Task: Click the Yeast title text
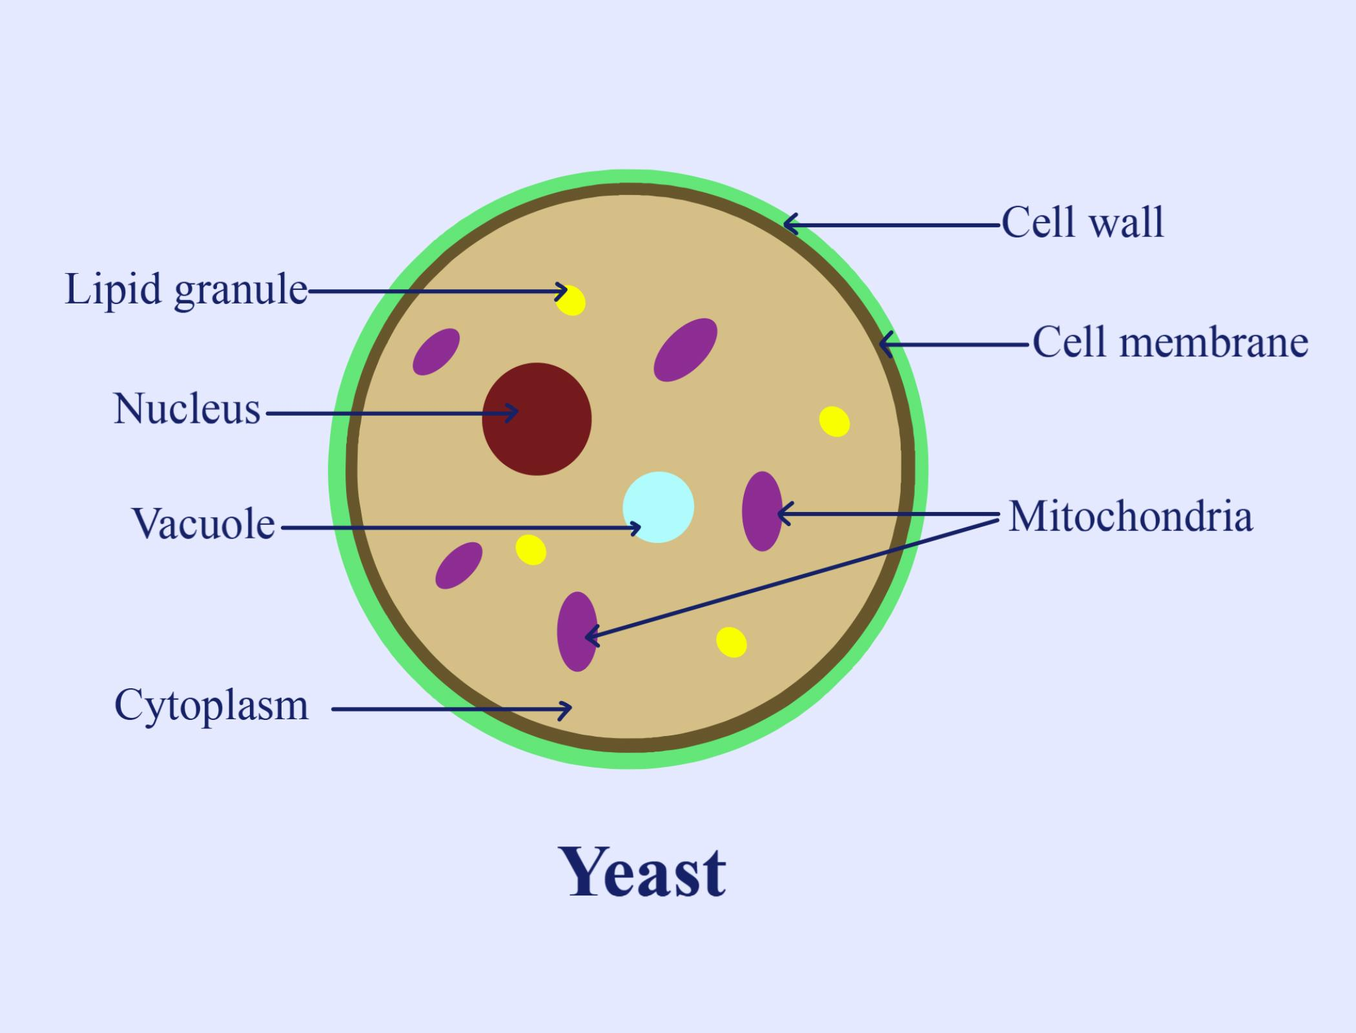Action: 646,874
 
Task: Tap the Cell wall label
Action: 1082,223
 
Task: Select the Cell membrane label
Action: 1170,342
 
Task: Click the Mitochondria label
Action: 1130,516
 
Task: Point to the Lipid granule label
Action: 186,290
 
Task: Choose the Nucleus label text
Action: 187,409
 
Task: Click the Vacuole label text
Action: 204,524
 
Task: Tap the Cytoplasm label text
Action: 211,705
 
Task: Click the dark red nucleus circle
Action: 537,419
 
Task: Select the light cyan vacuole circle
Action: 658,507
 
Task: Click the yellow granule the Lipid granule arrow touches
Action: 571,301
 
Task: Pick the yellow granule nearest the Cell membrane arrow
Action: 834,422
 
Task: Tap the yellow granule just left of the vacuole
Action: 531,550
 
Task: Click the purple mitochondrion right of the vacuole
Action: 762,511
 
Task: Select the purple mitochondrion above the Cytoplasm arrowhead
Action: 577,631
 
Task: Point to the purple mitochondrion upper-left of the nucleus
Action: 437,351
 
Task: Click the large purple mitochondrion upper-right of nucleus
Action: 685,349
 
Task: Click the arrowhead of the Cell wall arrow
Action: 787,225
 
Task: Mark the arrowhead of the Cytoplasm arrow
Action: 568,710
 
